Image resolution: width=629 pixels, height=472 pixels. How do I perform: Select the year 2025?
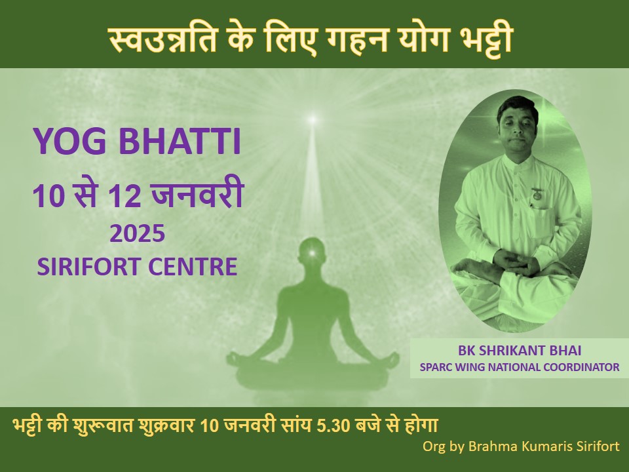click(137, 233)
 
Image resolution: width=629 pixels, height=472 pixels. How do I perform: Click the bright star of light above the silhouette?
click(313, 119)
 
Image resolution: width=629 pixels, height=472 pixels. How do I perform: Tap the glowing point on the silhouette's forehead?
click(311, 253)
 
